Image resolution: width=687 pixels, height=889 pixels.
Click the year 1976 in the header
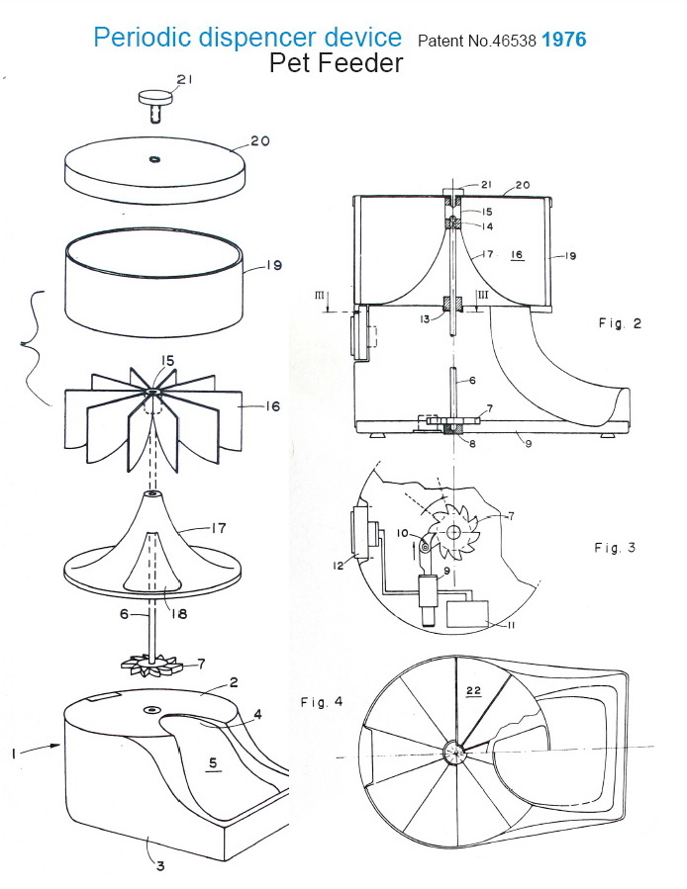pyautogui.click(x=563, y=41)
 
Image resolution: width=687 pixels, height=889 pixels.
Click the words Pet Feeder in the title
pyautogui.click(x=336, y=64)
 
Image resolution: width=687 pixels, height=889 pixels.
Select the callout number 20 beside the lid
pyautogui.click(x=260, y=140)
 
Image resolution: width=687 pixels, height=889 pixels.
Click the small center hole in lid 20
pyautogui.click(x=154, y=158)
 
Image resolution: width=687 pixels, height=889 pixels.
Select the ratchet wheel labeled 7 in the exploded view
pyautogui.click(x=154, y=665)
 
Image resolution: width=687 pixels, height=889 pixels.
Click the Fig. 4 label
pyautogui.click(x=322, y=701)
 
